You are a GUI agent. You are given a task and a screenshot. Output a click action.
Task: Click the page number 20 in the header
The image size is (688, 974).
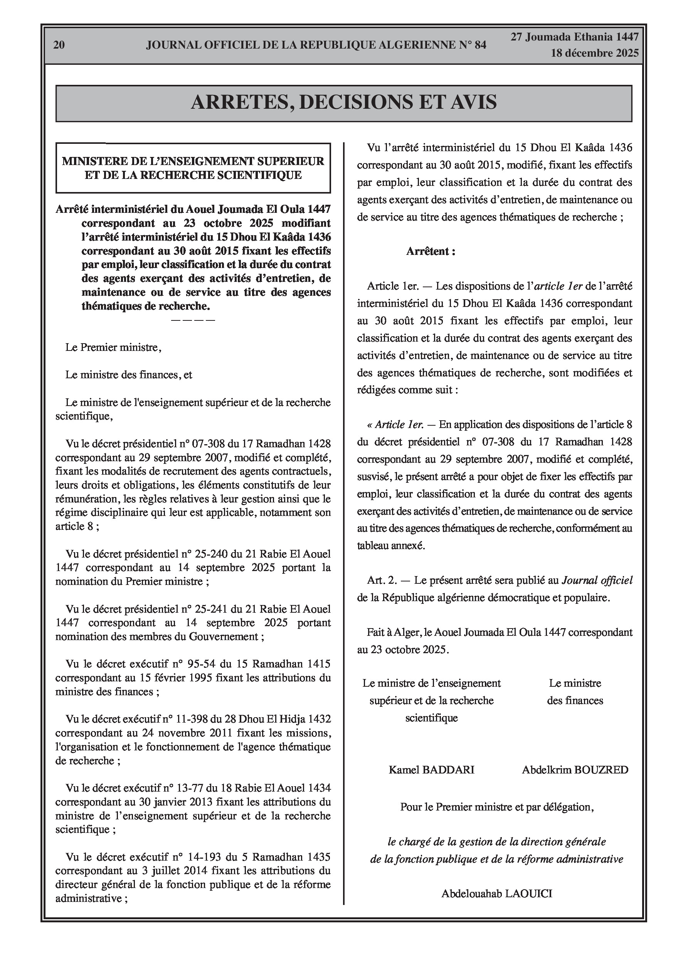click(59, 45)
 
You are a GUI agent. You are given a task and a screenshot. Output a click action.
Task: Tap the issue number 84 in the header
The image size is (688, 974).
click(480, 45)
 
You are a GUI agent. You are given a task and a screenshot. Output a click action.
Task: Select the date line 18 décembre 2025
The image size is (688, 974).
click(595, 54)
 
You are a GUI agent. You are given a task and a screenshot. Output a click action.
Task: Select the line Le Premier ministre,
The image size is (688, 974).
click(113, 347)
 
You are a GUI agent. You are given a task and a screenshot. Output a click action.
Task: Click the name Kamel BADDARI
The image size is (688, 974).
click(431, 770)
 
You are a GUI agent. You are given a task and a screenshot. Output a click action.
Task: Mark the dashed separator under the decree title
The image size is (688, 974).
click(193, 319)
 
